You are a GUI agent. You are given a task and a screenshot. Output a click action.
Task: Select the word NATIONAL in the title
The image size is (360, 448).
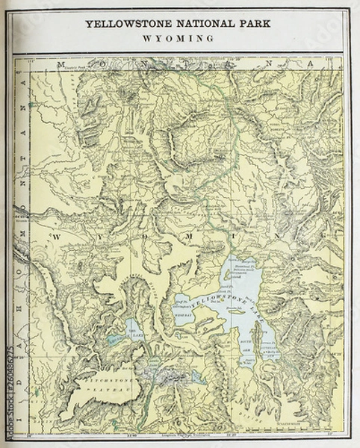[202, 24]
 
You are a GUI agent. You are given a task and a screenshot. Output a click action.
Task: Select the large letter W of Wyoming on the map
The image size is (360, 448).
[55, 235]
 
